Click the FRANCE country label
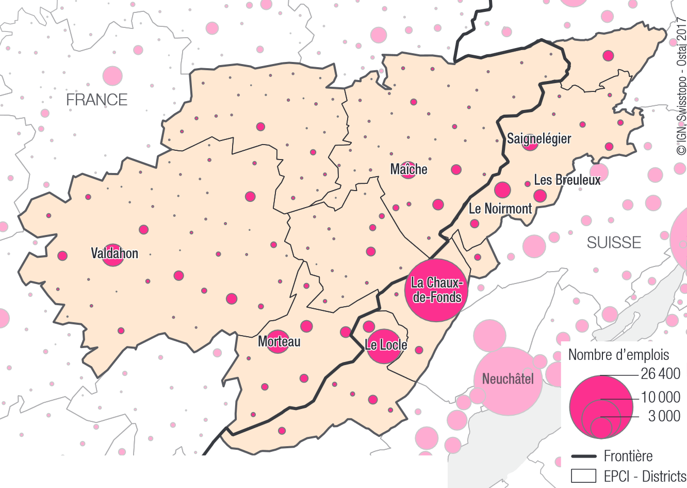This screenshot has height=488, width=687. (96, 100)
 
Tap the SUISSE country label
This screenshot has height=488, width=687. (614, 242)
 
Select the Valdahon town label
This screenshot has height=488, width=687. (114, 253)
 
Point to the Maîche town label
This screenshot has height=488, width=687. (408, 169)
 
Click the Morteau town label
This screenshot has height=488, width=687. (279, 341)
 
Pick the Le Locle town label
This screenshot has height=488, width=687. (386, 345)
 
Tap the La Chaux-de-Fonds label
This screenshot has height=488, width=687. (436, 290)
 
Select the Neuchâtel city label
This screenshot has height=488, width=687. (508, 379)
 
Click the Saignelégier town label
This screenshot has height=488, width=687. (539, 138)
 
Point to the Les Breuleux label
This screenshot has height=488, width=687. (567, 180)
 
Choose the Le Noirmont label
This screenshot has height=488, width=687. (500, 209)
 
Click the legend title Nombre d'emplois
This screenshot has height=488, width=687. (618, 355)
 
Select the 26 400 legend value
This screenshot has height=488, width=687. (660, 373)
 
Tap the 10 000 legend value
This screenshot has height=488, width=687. (660, 397)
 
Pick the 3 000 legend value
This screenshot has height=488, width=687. (664, 416)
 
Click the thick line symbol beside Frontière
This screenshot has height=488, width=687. (584, 456)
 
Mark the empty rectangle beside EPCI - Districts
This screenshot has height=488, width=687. (584, 476)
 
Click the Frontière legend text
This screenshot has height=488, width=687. (628, 456)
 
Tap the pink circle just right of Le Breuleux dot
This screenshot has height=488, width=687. (540, 196)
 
